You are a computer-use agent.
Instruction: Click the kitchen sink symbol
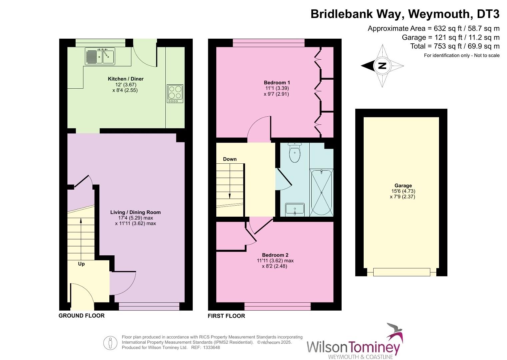click(x=100, y=56)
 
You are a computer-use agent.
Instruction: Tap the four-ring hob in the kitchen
click(x=175, y=93)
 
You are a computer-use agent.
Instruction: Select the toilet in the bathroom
click(x=295, y=153)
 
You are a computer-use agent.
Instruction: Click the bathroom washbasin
click(x=295, y=210)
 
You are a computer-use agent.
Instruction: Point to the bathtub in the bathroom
click(x=321, y=193)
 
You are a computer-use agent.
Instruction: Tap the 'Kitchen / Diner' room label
click(x=126, y=79)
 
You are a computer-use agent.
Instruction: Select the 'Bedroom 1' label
click(x=277, y=83)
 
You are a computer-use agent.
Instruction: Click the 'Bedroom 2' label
click(x=275, y=255)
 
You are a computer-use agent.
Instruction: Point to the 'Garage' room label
click(x=403, y=186)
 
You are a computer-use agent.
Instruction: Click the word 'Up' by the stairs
click(x=81, y=264)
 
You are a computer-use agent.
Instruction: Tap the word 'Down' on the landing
click(x=230, y=159)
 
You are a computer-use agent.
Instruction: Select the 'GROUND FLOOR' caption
click(x=82, y=315)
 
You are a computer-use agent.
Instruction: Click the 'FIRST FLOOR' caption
click(x=226, y=316)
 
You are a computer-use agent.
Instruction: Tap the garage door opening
click(x=401, y=272)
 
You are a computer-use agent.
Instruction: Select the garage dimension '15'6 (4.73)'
click(x=403, y=191)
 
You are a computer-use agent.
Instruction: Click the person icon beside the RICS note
click(x=110, y=343)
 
